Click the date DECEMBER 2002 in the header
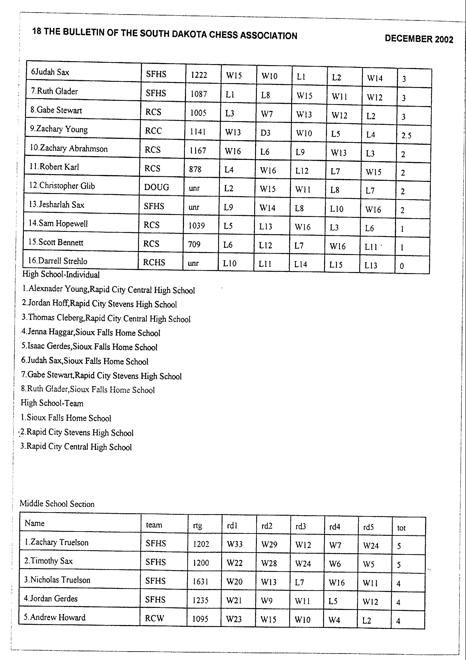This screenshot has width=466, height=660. point(419,39)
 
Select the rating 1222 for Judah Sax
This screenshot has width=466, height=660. point(199,75)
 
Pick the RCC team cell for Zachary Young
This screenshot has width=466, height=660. point(153,131)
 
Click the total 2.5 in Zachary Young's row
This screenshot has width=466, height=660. point(406,135)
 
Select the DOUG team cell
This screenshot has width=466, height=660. point(156,187)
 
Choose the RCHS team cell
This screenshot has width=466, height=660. point(154,262)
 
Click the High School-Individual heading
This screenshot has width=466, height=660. point(61,274)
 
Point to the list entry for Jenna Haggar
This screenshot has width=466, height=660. point(91,333)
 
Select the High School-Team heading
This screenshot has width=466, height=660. point(52,403)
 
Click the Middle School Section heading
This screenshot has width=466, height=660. point(57,504)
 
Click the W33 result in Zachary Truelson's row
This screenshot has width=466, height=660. point(235,544)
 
